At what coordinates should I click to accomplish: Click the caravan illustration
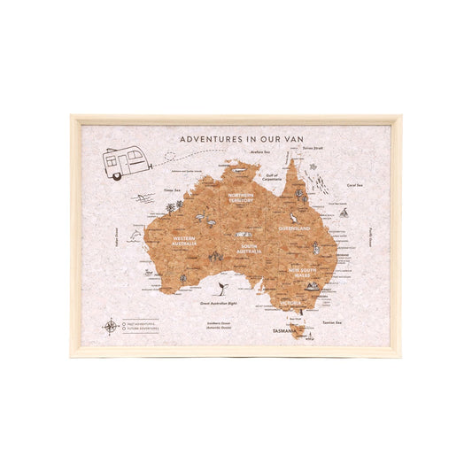[x=124, y=163]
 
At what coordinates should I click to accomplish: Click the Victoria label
[x=291, y=304]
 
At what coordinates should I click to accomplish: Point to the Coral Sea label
[x=356, y=185]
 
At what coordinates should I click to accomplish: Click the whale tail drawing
[x=218, y=287]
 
